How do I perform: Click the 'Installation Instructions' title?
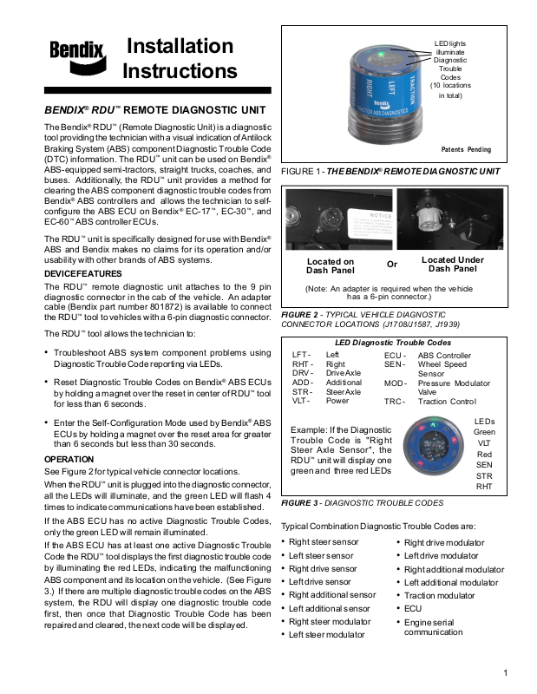coord(180,58)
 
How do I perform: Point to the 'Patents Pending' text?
coord(466,149)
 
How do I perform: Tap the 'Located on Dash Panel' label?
coord(331,265)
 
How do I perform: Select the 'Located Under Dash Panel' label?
coord(453,264)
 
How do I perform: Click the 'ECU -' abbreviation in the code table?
coord(395,356)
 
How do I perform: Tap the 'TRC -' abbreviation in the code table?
coord(395,402)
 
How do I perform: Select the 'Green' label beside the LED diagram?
coord(484,431)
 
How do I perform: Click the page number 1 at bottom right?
coord(505,672)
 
